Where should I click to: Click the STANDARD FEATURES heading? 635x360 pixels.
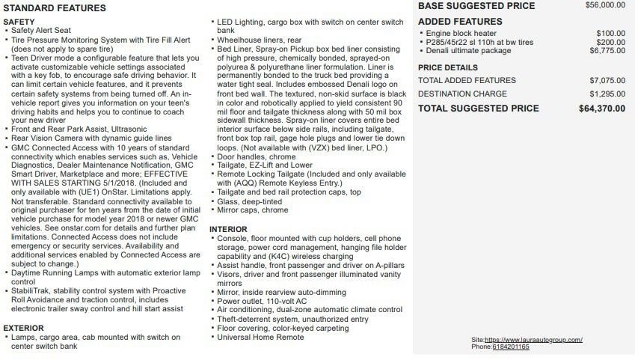(55, 8)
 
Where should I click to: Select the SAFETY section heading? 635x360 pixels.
(19, 22)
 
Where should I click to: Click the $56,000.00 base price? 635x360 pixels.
(605, 5)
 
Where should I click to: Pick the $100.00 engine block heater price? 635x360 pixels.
(611, 33)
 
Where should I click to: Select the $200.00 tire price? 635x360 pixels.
(611, 42)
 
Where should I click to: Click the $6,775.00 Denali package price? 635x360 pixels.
(607, 51)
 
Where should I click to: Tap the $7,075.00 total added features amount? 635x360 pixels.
(607, 80)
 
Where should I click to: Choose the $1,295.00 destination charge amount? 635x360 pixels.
(607, 94)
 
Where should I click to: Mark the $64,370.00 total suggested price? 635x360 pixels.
(602, 109)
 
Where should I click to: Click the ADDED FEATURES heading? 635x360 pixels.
(460, 22)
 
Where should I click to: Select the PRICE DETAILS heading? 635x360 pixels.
(447, 67)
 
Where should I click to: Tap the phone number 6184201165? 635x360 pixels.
(511, 347)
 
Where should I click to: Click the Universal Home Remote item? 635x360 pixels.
(260, 338)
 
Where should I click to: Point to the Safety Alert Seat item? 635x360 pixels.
(40, 31)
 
